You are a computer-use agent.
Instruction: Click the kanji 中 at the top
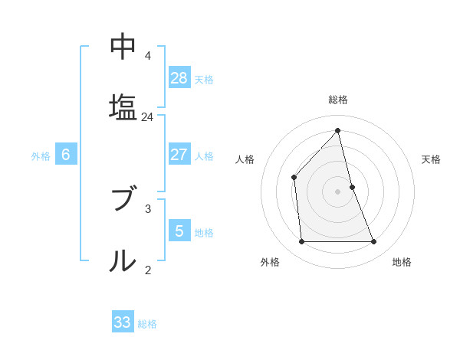tap(123, 47)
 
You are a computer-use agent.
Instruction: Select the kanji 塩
tap(123, 106)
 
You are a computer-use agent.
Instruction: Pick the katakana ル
tap(123, 260)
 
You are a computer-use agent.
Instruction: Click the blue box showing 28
tap(179, 77)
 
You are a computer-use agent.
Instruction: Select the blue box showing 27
tap(179, 155)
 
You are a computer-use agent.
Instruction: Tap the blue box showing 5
tap(179, 231)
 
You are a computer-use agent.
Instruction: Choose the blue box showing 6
tap(66, 155)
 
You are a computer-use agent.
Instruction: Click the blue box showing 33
tap(123, 322)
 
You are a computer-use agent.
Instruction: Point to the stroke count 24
tap(147, 117)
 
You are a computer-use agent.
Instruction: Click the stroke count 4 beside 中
tap(147, 56)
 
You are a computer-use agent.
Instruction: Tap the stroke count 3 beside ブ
tap(147, 208)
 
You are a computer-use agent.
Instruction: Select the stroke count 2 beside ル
tap(147, 269)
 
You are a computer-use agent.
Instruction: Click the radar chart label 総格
tap(338, 100)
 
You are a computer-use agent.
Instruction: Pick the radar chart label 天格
tap(431, 159)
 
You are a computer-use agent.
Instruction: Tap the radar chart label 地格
tap(402, 262)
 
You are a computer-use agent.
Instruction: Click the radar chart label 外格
tap(270, 262)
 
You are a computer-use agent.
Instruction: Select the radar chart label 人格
tap(245, 159)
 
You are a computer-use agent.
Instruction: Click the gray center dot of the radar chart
tap(338, 191)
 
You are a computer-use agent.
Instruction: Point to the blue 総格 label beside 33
tap(147, 324)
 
